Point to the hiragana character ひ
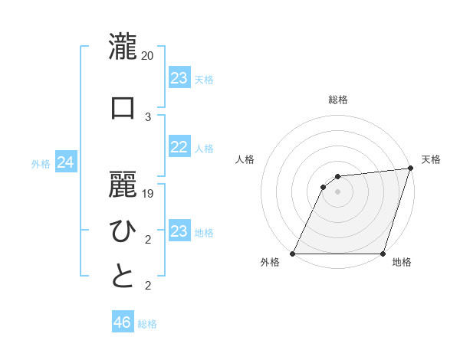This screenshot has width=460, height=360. (123, 231)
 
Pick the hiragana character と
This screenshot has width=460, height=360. (123, 277)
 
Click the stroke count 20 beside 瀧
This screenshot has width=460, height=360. (148, 56)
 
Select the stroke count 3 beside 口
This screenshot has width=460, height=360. (148, 116)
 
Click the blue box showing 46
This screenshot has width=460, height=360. (123, 322)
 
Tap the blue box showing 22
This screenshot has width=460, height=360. (179, 147)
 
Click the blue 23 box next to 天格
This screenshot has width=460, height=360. (179, 78)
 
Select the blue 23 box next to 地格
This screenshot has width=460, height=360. (179, 231)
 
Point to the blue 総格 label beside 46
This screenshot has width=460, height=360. (147, 324)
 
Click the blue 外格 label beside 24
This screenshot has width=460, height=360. (41, 163)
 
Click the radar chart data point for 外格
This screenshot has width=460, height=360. (293, 254)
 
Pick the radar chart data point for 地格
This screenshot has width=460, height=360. (382, 254)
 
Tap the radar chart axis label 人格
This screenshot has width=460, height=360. (245, 159)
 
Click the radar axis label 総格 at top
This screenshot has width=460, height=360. (337, 100)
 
